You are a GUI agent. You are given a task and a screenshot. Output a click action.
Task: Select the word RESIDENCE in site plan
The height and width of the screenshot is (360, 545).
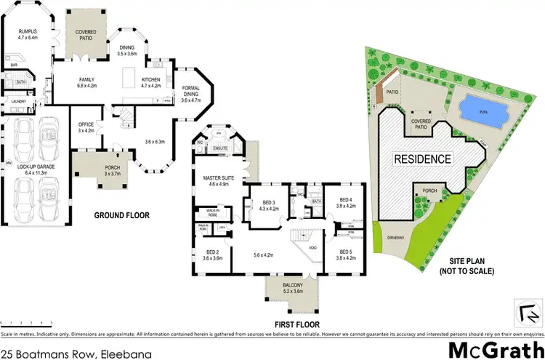(x=422, y=159)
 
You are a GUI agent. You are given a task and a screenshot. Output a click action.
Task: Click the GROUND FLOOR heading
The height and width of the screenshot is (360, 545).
(x=122, y=215)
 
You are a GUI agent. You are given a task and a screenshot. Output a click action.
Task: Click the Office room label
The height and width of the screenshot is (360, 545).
(x=86, y=128)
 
